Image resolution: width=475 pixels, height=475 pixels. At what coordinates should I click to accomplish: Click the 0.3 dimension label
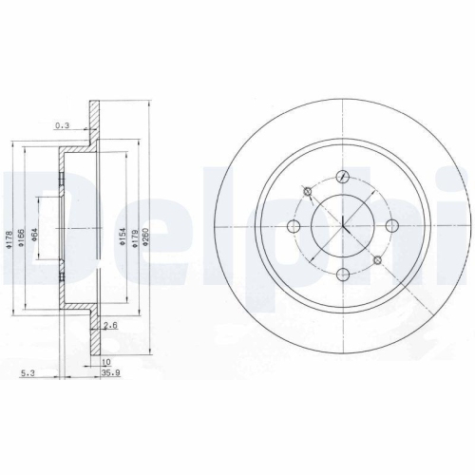click(64, 124)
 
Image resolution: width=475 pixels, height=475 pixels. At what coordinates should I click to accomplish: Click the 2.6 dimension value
click(110, 326)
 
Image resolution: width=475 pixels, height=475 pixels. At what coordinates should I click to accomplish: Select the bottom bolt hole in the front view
click(343, 275)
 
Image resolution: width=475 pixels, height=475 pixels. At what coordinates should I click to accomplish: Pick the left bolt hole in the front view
click(294, 225)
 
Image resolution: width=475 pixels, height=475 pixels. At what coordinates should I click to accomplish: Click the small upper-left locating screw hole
click(307, 192)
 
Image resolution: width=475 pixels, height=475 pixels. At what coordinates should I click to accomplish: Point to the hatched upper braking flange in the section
click(93, 123)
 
